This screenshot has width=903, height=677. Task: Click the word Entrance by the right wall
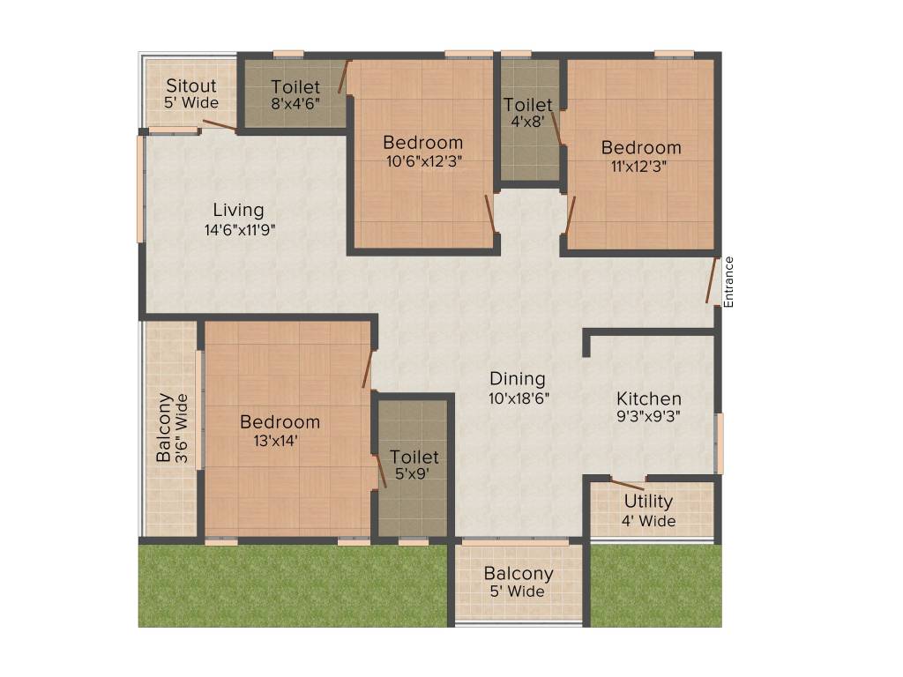[x=728, y=282]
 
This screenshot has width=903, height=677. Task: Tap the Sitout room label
[x=191, y=86]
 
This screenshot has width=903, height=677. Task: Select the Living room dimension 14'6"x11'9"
[x=238, y=230]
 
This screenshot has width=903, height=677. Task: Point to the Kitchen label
[x=648, y=398]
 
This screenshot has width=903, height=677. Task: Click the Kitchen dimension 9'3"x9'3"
[x=648, y=417]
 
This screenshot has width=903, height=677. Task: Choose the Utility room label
[x=648, y=502]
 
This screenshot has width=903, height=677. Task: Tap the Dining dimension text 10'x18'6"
[x=518, y=398]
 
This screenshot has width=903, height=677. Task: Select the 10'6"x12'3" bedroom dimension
[x=422, y=161]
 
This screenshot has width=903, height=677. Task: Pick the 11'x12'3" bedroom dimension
[x=641, y=166]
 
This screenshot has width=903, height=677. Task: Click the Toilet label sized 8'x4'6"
[x=295, y=86]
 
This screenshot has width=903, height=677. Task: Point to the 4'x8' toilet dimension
[x=528, y=123]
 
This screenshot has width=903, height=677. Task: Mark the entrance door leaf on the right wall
[x=712, y=280]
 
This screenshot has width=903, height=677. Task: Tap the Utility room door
[x=627, y=484]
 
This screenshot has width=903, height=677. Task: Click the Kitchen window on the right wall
[x=720, y=443]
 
